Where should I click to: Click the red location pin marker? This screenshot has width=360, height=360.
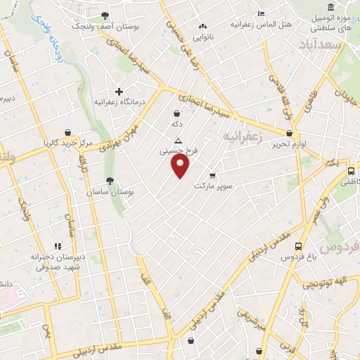181,166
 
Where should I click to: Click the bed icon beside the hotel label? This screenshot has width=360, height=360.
262,13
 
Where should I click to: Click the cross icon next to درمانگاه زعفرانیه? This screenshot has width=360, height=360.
119,91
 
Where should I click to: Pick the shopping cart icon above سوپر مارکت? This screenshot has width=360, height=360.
212,174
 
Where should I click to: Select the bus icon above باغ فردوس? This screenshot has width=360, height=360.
299,247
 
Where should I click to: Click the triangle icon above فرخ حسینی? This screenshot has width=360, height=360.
179,140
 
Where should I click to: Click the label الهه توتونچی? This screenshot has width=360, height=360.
321,283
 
